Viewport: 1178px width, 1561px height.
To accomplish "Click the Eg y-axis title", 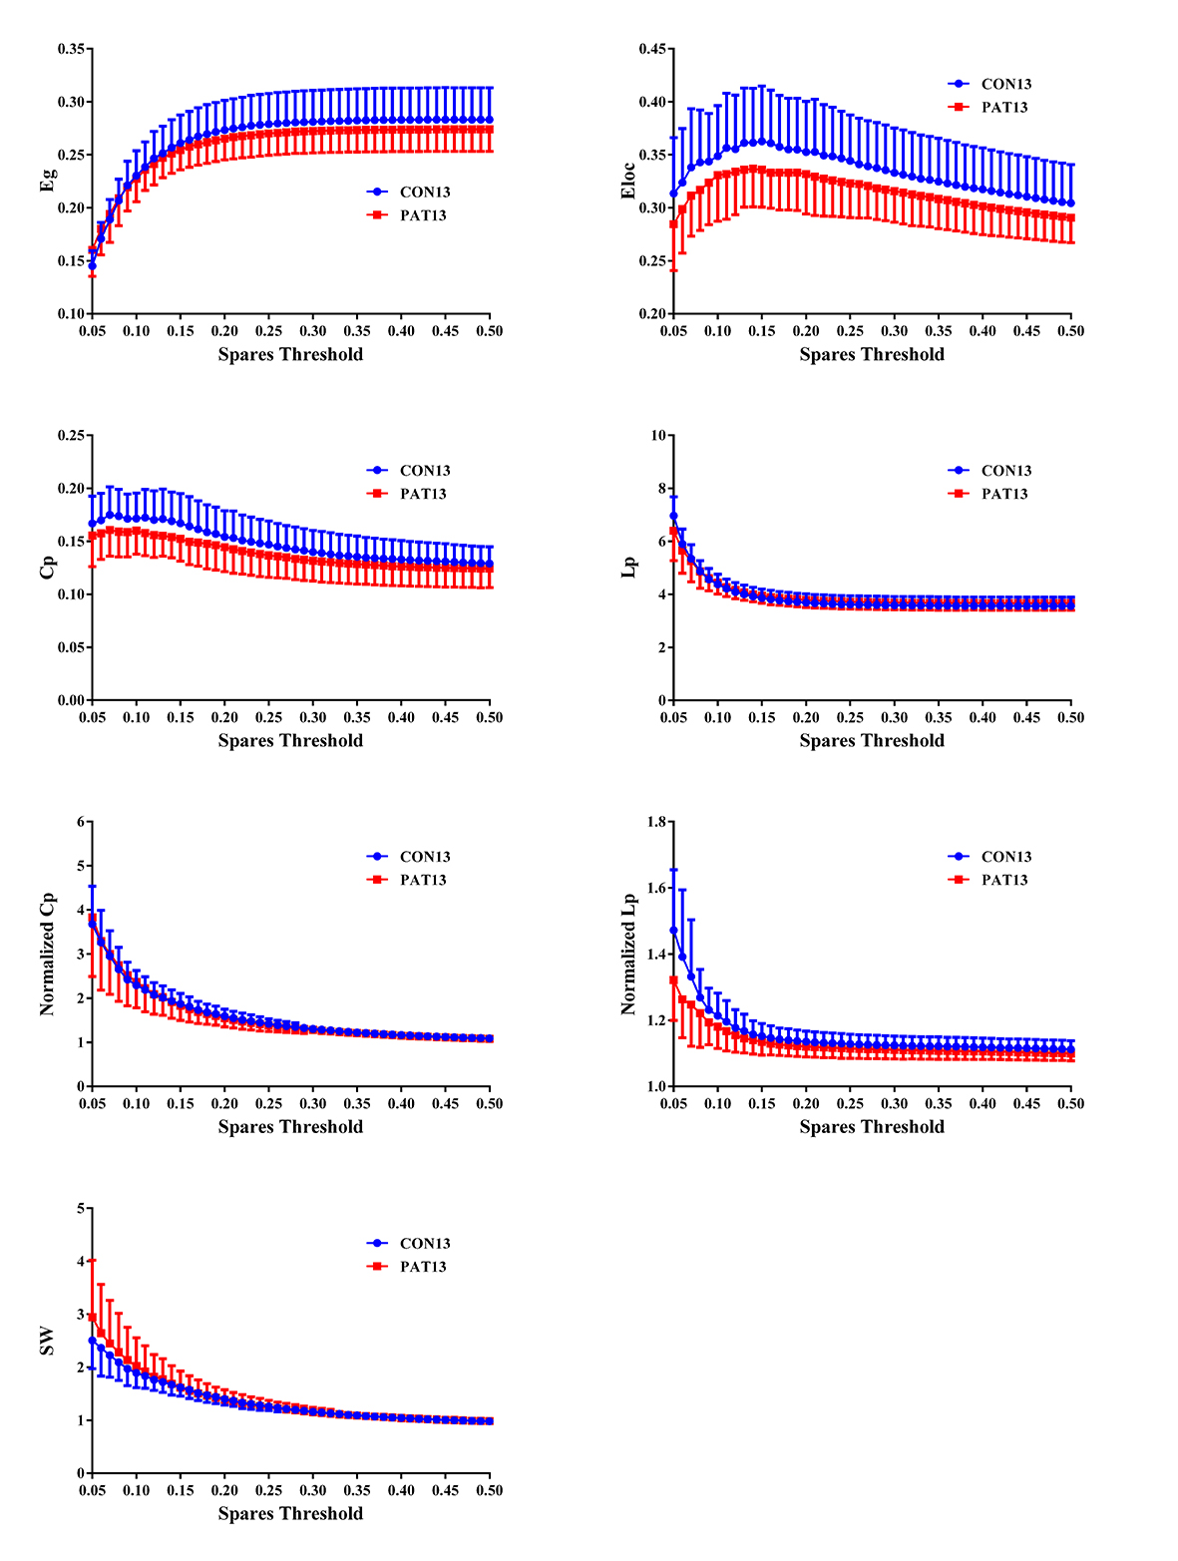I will pyautogui.click(x=49, y=181).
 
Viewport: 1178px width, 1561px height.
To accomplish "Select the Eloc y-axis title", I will pyautogui.click(x=628, y=181).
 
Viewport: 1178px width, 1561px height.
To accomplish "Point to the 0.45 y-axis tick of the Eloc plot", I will pyautogui.click(x=652, y=49).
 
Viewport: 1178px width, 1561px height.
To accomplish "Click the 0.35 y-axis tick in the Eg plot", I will pyautogui.click(x=71, y=49).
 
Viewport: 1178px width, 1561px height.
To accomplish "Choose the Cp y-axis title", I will pyautogui.click(x=49, y=567).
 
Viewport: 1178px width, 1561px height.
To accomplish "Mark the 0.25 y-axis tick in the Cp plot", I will pyautogui.click(x=71, y=435).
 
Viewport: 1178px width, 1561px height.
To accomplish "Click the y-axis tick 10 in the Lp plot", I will pyautogui.click(x=657, y=435).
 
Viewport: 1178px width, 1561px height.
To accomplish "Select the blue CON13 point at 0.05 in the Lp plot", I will pyautogui.click(x=673, y=516).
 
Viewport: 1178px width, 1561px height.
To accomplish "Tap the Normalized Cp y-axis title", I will pyautogui.click(x=47, y=954).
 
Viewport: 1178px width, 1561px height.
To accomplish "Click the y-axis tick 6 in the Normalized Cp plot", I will pyautogui.click(x=82, y=822).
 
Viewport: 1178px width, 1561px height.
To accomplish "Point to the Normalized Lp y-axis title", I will pyautogui.click(x=628, y=954).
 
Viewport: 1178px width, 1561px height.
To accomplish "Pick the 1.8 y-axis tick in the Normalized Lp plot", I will pyautogui.click(x=656, y=822).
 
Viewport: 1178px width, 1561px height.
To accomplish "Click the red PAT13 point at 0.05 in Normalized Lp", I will pyautogui.click(x=673, y=980).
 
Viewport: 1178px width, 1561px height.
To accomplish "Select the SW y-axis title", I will pyautogui.click(x=47, y=1341).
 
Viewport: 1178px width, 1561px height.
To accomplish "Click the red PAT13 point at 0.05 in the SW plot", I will pyautogui.click(x=92, y=1318).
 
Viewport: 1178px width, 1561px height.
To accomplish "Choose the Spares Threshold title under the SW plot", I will pyautogui.click(x=290, y=1513).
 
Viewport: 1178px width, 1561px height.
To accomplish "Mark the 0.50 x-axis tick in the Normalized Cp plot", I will pyautogui.click(x=489, y=1103).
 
